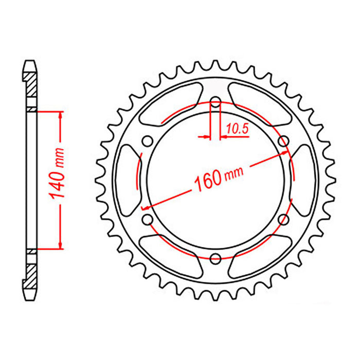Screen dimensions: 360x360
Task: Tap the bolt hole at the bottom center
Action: pos(215,257)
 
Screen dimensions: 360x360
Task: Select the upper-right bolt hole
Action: pos(283,140)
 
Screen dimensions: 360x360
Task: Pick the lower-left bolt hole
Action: pos(148,220)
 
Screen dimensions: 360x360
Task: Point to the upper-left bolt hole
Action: pos(148,140)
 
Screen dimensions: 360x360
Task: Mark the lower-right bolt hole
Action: pos(283,220)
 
